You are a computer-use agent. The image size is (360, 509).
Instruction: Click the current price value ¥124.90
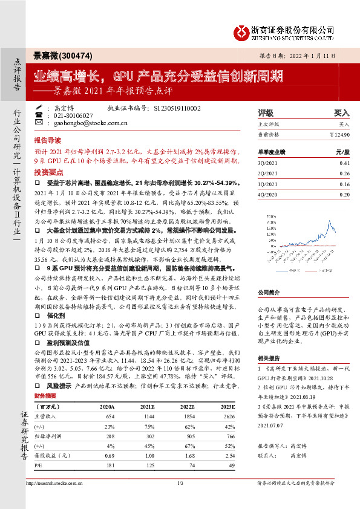point(340,134)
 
